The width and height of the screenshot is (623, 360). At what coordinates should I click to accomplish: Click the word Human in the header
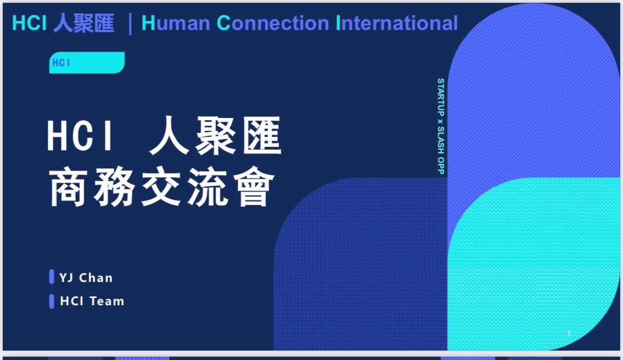pyautogui.click(x=176, y=23)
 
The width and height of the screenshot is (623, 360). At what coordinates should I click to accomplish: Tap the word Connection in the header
pyautogui.click(x=273, y=23)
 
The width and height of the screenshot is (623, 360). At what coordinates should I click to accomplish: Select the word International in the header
pyautogui.click(x=397, y=23)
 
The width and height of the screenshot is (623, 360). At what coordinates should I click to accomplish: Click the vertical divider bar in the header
pyautogui.click(x=130, y=24)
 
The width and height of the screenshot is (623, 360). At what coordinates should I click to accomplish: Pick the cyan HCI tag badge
pyautogui.click(x=86, y=63)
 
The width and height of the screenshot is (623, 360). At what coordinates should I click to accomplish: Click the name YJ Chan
pyautogui.click(x=86, y=277)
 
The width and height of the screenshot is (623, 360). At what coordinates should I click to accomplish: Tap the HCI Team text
pyautogui.click(x=92, y=301)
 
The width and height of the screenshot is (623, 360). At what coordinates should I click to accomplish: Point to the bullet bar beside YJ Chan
pyautogui.click(x=52, y=276)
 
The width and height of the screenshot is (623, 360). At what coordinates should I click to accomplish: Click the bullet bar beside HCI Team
pyautogui.click(x=52, y=301)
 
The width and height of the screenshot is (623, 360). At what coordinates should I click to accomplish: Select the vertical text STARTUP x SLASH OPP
pyautogui.click(x=441, y=126)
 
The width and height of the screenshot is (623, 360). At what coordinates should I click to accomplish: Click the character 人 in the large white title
pyautogui.click(x=169, y=135)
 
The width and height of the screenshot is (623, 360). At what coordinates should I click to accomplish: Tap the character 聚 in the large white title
pyautogui.click(x=215, y=135)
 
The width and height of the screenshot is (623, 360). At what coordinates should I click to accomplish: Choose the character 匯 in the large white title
pyautogui.click(x=262, y=135)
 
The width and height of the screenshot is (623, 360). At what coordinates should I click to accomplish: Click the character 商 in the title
pyautogui.click(x=68, y=186)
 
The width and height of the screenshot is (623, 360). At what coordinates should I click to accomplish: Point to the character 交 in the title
pyautogui.click(x=161, y=186)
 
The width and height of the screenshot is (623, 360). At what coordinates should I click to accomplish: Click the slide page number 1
pyautogui.click(x=569, y=333)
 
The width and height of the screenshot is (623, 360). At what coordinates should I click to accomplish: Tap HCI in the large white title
pyautogui.click(x=79, y=136)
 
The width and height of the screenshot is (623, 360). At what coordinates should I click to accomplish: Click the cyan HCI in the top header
pyautogui.click(x=29, y=23)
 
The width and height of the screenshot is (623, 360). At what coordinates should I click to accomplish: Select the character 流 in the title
pyautogui.click(x=208, y=186)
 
